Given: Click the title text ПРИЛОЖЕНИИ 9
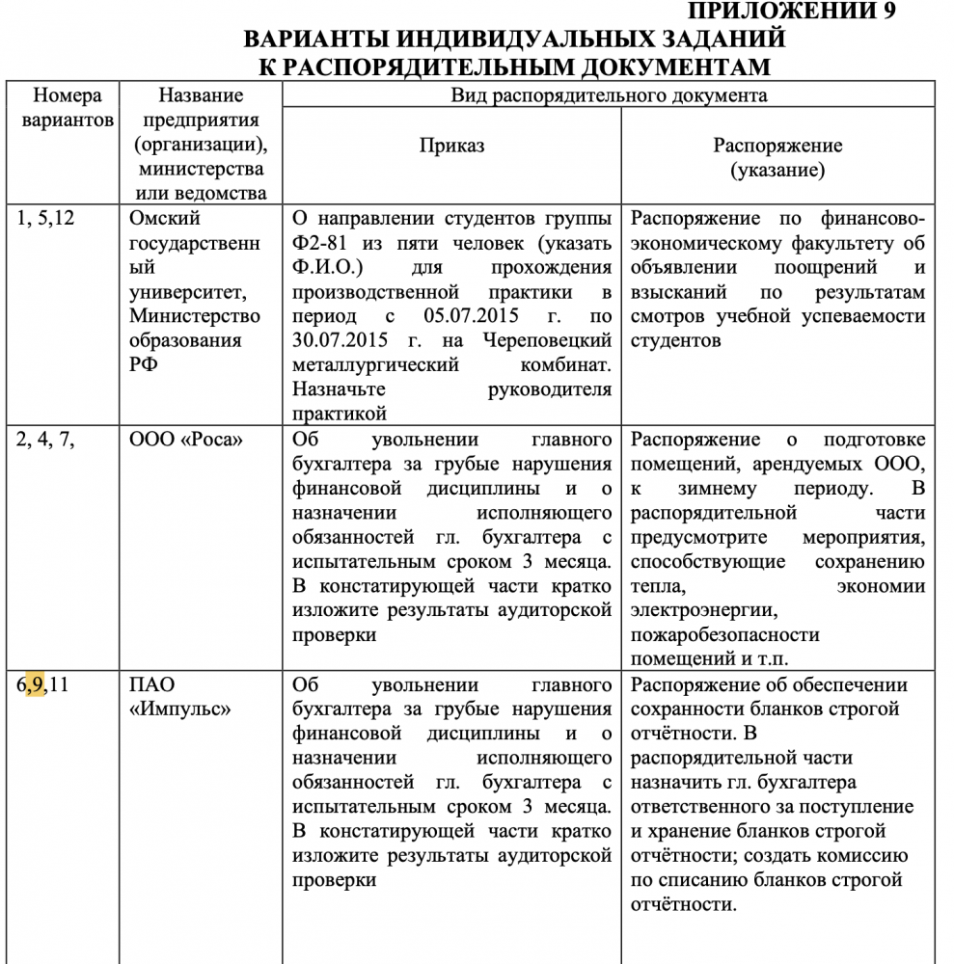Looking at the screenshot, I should [792, 12].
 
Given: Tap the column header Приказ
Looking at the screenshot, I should [451, 146].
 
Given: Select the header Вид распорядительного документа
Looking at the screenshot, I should [610, 95].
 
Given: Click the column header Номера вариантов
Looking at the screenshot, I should [67, 108].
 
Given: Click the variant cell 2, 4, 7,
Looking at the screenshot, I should [45, 440].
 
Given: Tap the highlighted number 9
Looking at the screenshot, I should [37, 685].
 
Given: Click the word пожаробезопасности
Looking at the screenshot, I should [724, 635].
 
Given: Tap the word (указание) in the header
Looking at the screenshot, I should [777, 171].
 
